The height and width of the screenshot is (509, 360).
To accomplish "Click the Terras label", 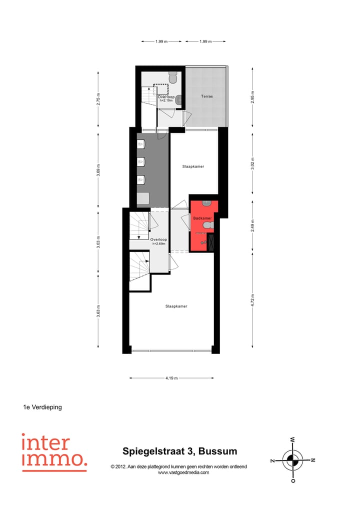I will pos(207,96).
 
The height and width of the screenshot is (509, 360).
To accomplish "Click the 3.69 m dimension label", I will pos(98,170).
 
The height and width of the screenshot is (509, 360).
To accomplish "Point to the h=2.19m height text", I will pos(166,100).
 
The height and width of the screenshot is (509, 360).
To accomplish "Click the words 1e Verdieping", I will pos(42,407).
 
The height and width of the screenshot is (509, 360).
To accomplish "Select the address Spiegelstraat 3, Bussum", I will pos(179,451).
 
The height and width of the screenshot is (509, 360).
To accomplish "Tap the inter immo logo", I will pos(54,452).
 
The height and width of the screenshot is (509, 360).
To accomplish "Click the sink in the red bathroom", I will pos(207,202).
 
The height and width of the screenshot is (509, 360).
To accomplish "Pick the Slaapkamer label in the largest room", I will pos(176,306).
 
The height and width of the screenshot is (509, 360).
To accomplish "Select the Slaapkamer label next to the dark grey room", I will pos(193,166).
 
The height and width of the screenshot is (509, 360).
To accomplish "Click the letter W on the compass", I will pos(292,439).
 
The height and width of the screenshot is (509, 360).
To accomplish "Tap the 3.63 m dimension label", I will pos(98,311).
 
